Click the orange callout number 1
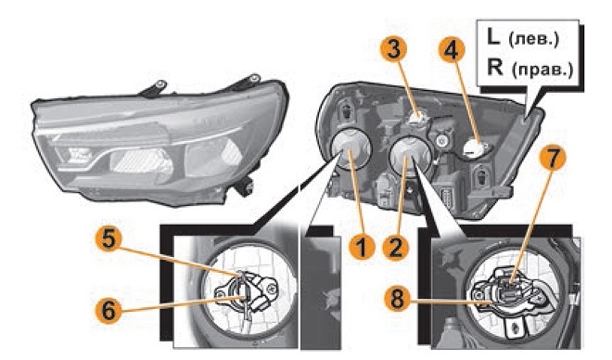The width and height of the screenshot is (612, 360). (x=362, y=247)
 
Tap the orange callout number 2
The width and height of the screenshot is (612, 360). (x=395, y=247)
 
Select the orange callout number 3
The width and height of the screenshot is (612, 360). (x=393, y=50)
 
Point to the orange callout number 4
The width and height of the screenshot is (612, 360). (x=452, y=51)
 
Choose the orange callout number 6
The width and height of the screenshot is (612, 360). (x=108, y=311)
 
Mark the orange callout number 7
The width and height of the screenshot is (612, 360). (x=553, y=159)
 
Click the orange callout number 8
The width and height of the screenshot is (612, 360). (x=397, y=300)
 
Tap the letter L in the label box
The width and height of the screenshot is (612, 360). (x=493, y=37)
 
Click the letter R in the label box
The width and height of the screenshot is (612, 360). (x=495, y=67)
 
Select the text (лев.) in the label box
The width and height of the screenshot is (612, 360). (x=533, y=40)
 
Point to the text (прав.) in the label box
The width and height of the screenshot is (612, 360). (x=542, y=70)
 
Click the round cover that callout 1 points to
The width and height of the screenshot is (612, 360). (x=351, y=148)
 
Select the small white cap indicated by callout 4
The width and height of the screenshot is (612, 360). (x=473, y=148)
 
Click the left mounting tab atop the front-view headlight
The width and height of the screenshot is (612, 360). (x=154, y=88)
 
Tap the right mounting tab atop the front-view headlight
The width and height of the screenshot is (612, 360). (x=247, y=81)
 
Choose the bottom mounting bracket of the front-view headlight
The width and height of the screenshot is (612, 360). (x=242, y=186)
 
